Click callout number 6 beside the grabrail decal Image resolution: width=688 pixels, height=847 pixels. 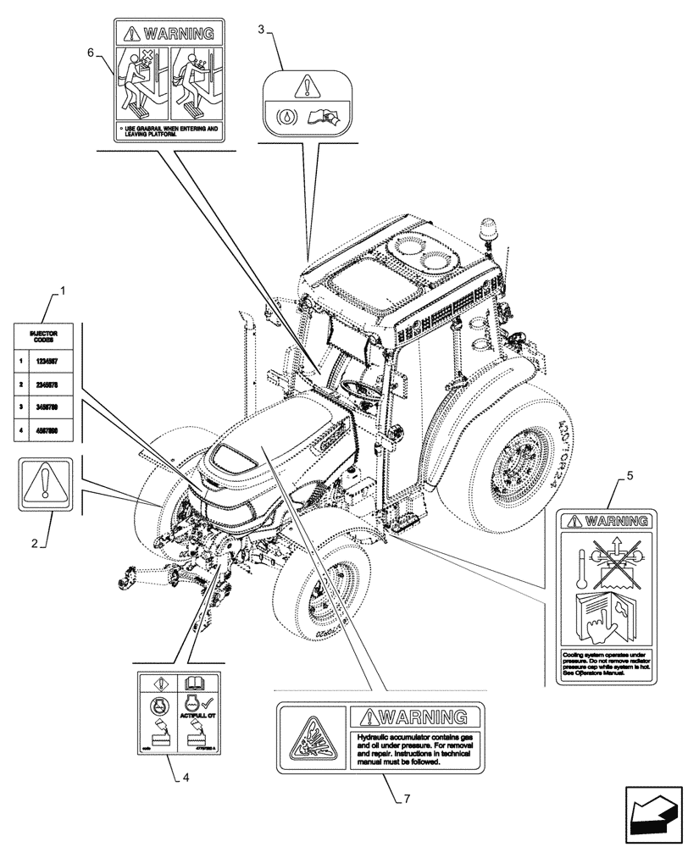pos(92,52)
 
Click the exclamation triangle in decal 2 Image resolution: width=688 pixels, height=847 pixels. pos(43,485)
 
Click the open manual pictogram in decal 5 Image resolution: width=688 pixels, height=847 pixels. pos(604,617)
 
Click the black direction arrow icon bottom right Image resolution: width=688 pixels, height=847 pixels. pos(653,815)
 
